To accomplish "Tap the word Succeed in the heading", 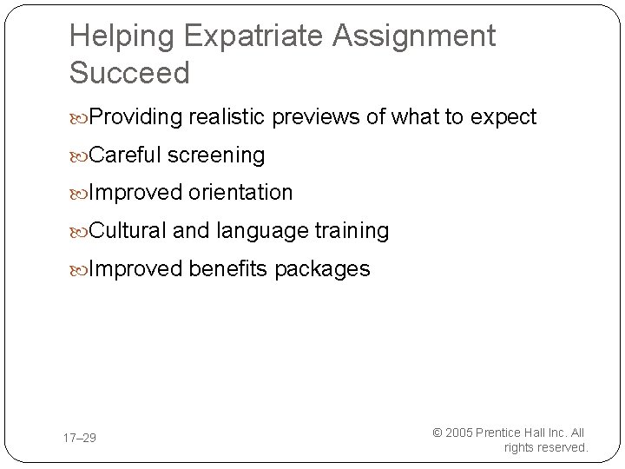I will [x=128, y=73].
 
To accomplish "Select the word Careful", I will [x=127, y=155].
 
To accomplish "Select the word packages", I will [x=322, y=269].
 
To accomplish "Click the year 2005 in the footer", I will [x=459, y=432].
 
